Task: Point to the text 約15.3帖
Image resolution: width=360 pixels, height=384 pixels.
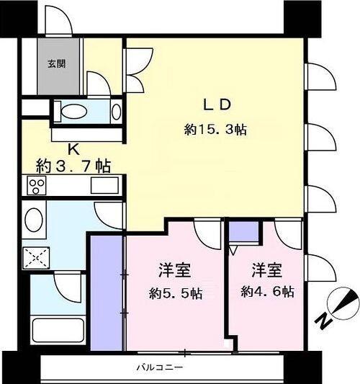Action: click(216, 130)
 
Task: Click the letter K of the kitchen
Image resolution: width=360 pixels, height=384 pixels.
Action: click(72, 150)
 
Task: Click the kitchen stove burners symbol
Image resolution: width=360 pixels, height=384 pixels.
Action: click(36, 186)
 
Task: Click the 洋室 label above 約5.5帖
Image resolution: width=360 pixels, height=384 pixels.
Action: click(175, 271)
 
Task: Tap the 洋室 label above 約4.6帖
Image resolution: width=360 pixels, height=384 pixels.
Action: click(268, 271)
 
